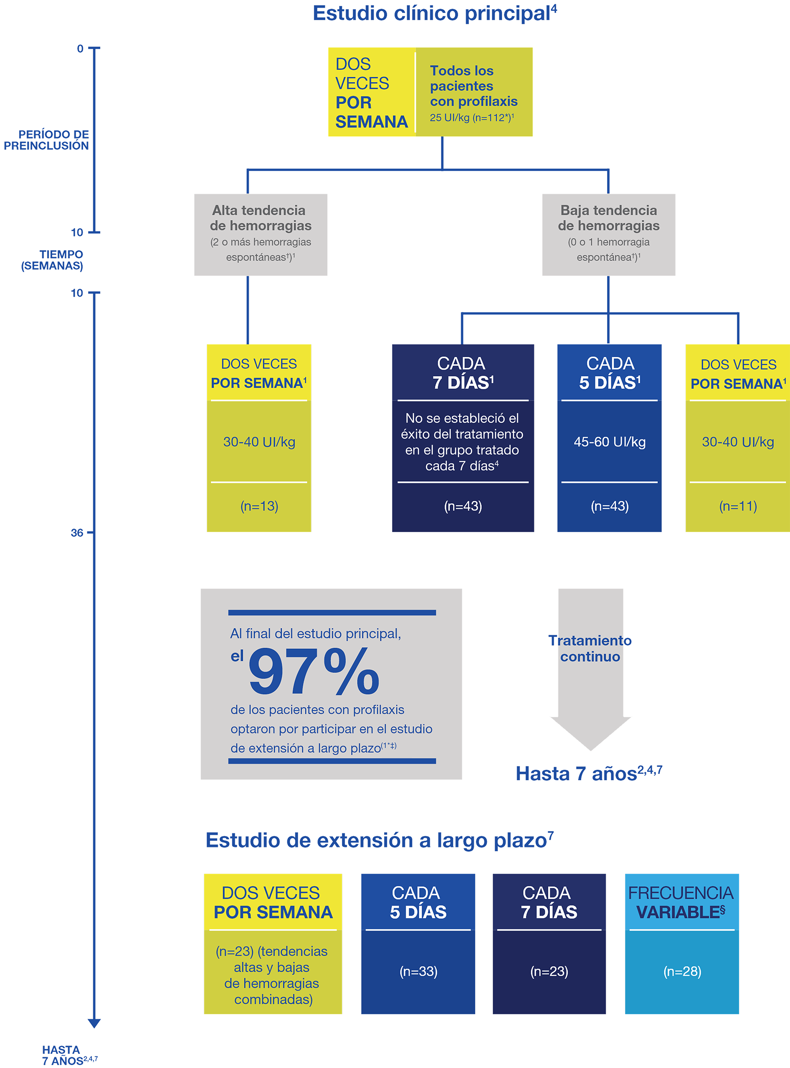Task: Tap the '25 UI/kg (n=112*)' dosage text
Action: click(471, 118)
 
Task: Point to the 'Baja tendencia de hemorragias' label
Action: click(609, 218)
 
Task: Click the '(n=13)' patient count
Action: click(259, 506)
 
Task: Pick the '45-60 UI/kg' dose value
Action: click(610, 442)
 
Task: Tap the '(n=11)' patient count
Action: click(738, 506)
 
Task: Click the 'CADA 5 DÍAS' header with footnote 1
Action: click(610, 373)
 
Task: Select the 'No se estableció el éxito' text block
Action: click(462, 441)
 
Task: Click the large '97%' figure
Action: click(314, 672)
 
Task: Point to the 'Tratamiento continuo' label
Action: click(590, 649)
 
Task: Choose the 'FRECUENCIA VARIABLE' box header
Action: click(681, 903)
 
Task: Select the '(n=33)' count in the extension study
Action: click(418, 972)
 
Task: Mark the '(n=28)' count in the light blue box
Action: click(682, 972)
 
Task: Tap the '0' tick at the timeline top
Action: click(80, 49)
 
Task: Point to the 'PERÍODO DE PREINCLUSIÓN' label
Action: click(47, 140)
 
